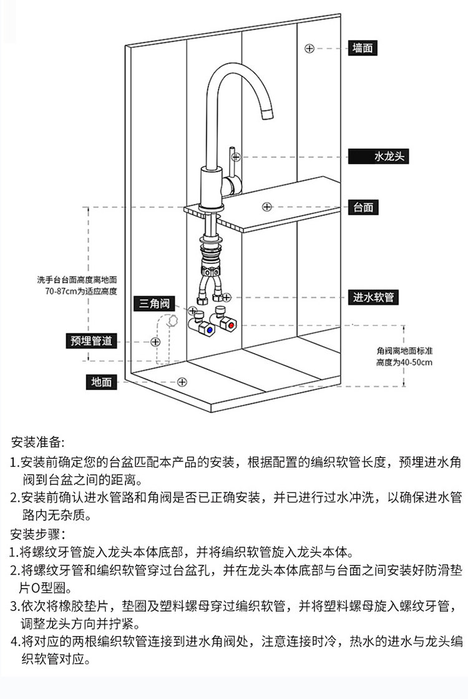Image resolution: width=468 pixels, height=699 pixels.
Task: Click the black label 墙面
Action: [363, 48]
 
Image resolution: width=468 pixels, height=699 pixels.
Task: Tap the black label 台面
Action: [363, 207]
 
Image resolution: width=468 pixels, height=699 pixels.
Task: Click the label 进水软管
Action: [374, 297]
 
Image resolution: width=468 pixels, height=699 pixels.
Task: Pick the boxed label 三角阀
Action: [154, 304]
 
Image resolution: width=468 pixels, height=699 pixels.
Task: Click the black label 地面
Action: [101, 382]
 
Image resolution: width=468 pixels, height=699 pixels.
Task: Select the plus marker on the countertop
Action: [266, 207]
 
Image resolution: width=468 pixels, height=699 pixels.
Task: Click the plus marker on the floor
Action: [182, 381]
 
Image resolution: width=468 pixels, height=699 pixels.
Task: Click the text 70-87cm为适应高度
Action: [81, 291]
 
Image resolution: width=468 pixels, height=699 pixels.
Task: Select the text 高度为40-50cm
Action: [404, 362]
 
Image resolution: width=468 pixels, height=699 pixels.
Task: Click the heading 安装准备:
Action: [37, 442]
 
